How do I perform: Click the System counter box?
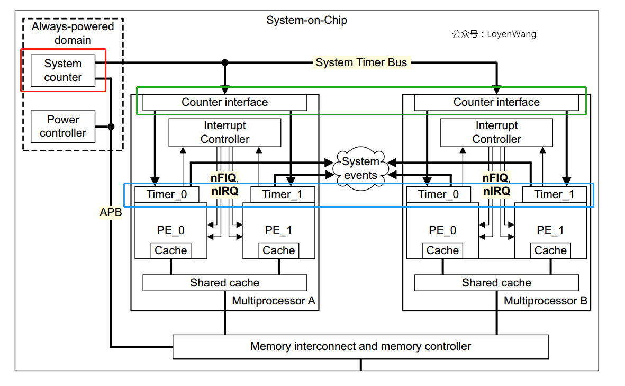click(x=63, y=70)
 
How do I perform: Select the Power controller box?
click(x=63, y=127)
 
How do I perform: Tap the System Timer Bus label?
click(x=361, y=62)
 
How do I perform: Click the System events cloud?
click(x=360, y=168)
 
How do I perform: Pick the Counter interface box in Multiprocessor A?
click(x=225, y=102)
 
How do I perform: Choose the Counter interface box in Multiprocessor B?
click(x=496, y=102)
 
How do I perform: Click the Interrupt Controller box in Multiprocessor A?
click(x=225, y=132)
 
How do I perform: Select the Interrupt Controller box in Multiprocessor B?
click(x=496, y=132)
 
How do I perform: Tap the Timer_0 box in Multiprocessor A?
click(x=167, y=194)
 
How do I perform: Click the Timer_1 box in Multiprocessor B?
click(x=554, y=194)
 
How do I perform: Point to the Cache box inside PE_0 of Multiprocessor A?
click(x=170, y=250)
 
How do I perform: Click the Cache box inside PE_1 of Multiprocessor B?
click(x=550, y=250)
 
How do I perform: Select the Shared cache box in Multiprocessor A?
click(x=225, y=283)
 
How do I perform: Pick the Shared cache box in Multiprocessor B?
click(x=496, y=283)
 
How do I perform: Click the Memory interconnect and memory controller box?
click(x=360, y=346)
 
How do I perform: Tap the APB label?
click(x=111, y=212)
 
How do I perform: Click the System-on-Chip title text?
click(x=306, y=21)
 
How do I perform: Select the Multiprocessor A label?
click(x=274, y=301)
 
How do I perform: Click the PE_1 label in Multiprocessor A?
click(x=278, y=230)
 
